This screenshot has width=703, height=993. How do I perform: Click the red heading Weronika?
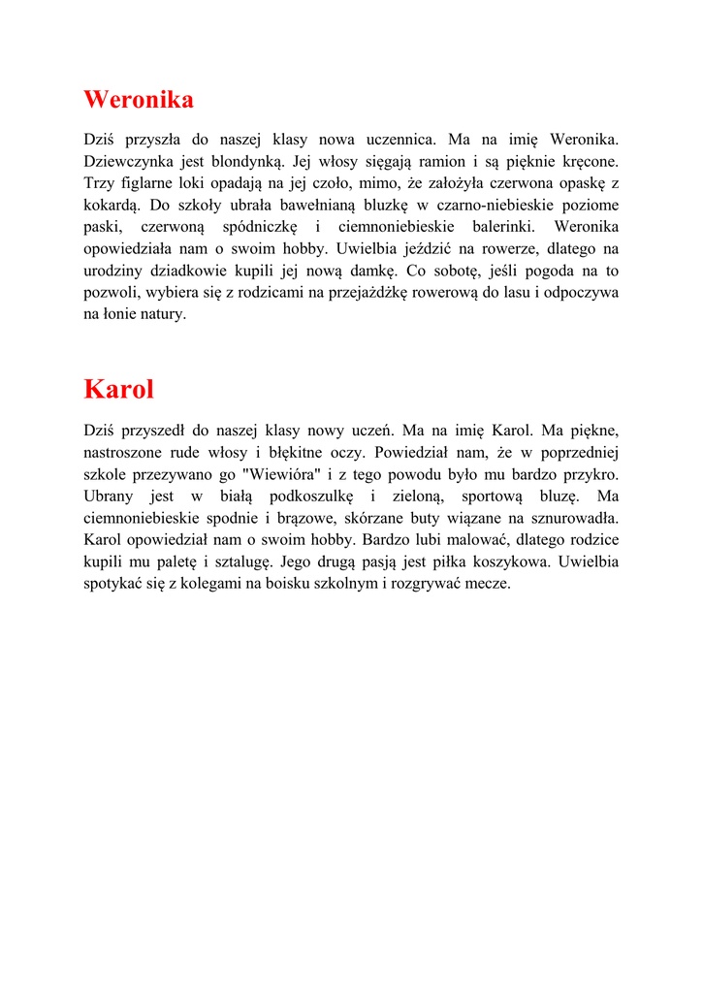tap(139, 100)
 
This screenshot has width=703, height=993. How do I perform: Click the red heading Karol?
tap(119, 390)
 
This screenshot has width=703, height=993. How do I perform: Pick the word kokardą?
tap(113, 206)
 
